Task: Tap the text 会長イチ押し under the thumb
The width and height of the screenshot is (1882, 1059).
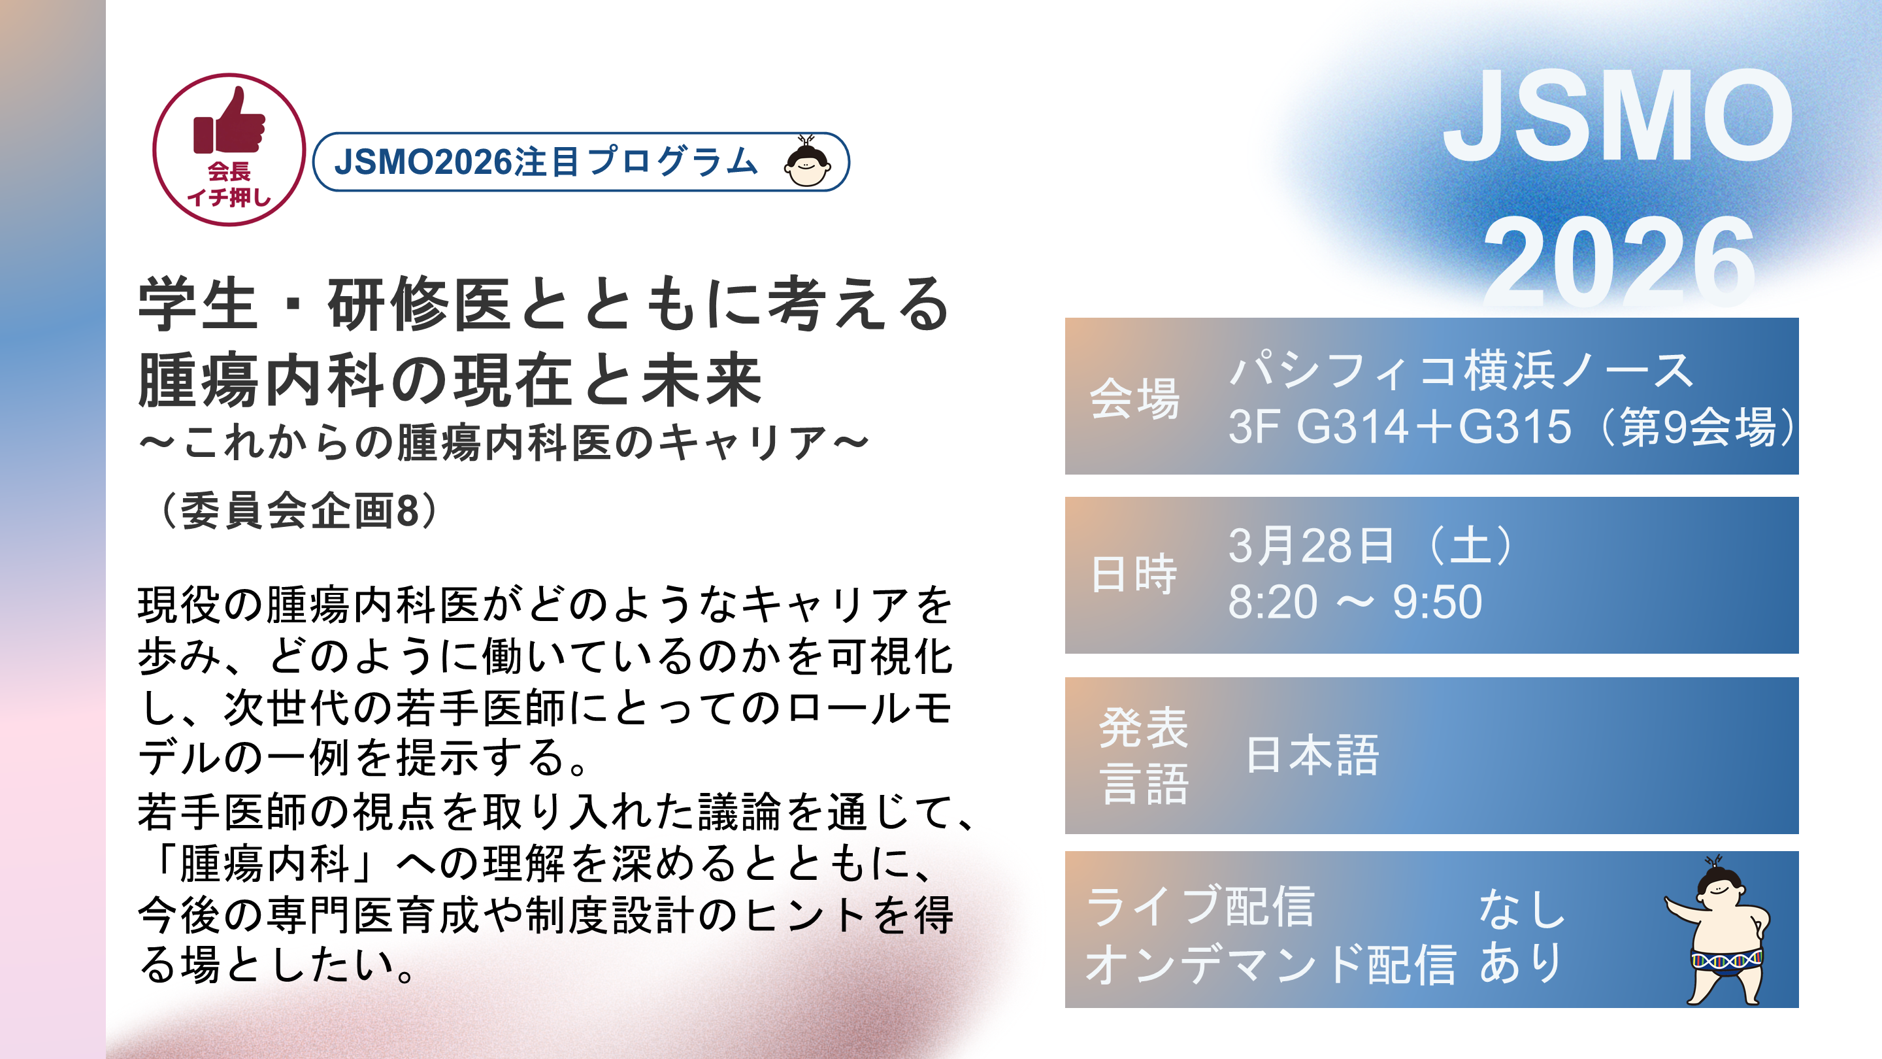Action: point(229,184)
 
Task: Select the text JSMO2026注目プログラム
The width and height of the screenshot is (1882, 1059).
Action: point(546,161)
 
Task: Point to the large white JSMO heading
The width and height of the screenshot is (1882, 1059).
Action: point(1618,116)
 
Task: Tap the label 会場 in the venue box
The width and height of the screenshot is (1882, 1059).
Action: point(1134,398)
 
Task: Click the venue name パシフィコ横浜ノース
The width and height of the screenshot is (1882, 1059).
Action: point(1461,370)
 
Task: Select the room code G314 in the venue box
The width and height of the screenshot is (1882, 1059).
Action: point(1351,427)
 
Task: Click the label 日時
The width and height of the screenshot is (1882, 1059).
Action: point(1134,575)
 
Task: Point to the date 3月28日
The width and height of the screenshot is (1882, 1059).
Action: point(1311,545)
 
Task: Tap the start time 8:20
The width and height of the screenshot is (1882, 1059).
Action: point(1273,602)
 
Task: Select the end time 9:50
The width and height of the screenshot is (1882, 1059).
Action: point(1437,602)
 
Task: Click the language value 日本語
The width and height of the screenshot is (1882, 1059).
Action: point(1313,755)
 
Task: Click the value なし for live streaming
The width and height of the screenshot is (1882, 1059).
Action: point(1522,909)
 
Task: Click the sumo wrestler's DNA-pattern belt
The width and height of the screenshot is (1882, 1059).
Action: point(1727,960)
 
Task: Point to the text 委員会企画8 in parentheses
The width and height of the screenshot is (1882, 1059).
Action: point(299,510)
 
